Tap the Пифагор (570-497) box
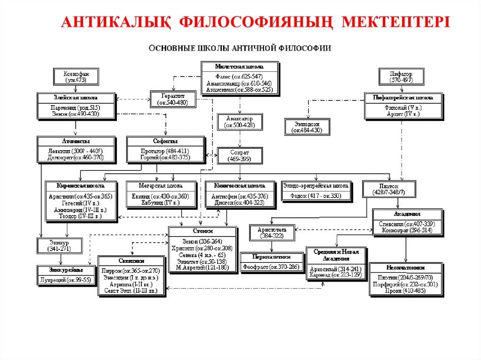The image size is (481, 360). point(401,77)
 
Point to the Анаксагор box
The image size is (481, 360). point(241,122)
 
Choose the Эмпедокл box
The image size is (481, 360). point(307,127)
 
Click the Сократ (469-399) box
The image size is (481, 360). point(240,156)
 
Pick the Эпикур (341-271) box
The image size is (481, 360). point(60,245)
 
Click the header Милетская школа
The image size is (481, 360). point(240,67)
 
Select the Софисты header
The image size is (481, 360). point(165,141)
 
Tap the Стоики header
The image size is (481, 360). point(202,231)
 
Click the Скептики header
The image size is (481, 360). point(132,261)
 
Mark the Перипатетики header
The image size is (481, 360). point(266,257)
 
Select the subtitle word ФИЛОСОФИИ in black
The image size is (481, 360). point(308,48)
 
